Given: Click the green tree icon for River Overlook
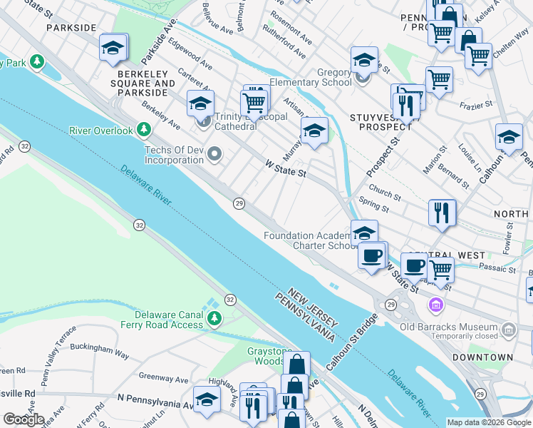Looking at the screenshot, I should pyautogui.click(x=145, y=129).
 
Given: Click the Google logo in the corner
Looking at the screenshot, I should pyautogui.click(x=24, y=419).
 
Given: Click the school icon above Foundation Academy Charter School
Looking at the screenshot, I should pyautogui.click(x=364, y=232).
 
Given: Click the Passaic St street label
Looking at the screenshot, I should pyautogui.click(x=497, y=269).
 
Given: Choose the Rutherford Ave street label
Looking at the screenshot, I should pyautogui.click(x=284, y=42).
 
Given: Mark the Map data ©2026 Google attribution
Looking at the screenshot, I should pyautogui.click(x=489, y=422).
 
